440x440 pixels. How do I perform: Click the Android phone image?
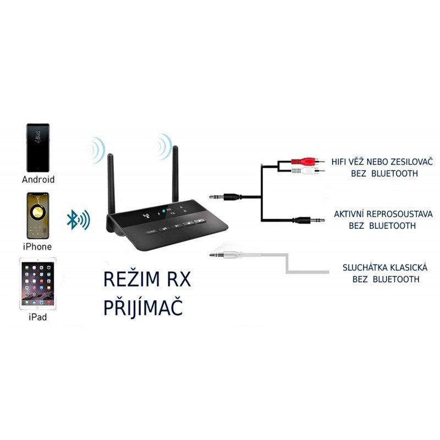(38, 147)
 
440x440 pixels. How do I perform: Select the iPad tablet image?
(38, 284)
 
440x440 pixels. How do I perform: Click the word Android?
(38, 179)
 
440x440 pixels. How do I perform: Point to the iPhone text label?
(38, 247)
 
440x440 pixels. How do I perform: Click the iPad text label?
(38, 317)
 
